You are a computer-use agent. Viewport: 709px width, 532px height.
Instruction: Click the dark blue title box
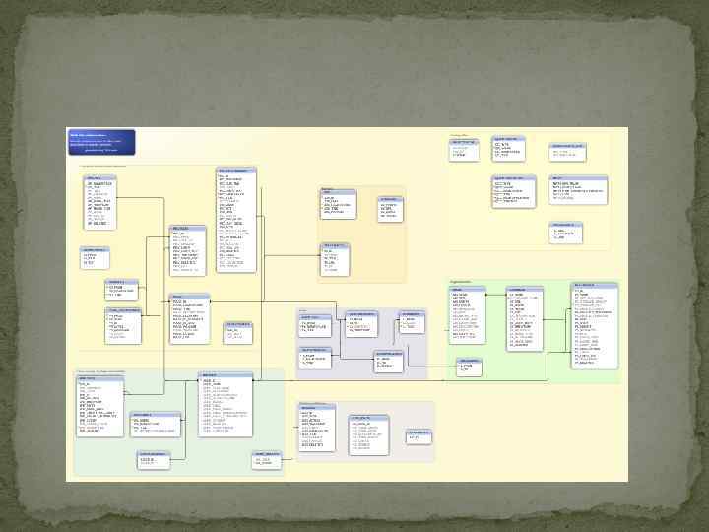(101, 141)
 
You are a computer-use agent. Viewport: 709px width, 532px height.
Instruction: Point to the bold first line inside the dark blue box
(88, 134)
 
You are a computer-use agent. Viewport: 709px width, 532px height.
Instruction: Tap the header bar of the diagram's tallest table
(236, 170)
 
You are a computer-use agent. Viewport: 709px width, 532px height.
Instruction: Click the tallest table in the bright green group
(595, 326)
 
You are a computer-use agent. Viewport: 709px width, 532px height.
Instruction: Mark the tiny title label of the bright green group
(461, 282)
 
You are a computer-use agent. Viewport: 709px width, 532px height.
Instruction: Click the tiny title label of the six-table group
(460, 134)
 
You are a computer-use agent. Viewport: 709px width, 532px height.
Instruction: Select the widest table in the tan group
(337, 204)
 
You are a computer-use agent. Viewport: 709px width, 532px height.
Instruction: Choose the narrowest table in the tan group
(389, 208)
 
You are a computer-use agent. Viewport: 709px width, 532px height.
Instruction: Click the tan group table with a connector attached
(335, 258)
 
